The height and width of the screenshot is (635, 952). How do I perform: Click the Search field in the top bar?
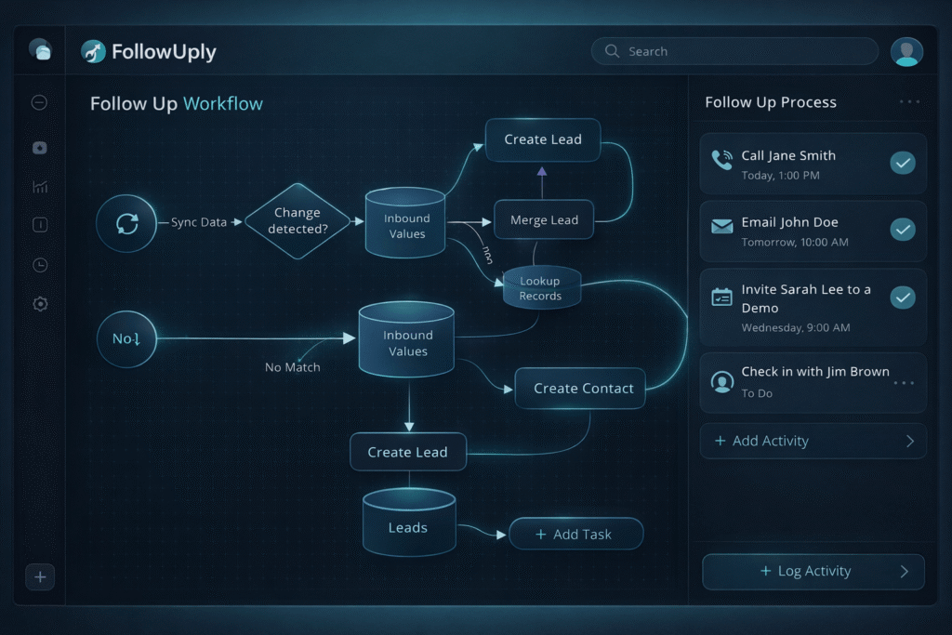click(x=734, y=51)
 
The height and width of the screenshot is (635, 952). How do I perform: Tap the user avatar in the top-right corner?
click(x=906, y=51)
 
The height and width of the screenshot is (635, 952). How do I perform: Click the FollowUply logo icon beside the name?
click(x=93, y=51)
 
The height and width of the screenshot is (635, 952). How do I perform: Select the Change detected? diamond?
click(x=297, y=220)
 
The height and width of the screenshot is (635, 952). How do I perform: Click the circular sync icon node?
click(x=126, y=223)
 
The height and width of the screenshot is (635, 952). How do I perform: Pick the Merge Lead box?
click(x=544, y=220)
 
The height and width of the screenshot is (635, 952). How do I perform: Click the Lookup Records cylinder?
click(x=541, y=288)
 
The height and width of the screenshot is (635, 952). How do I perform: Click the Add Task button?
click(x=575, y=535)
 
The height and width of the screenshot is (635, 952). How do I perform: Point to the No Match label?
click(x=292, y=367)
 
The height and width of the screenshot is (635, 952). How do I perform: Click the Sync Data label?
click(x=199, y=222)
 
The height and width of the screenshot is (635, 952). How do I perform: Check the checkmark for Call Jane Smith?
click(x=903, y=164)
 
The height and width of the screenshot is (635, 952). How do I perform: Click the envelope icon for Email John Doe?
click(x=722, y=226)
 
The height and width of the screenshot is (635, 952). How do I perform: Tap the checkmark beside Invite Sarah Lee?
click(x=903, y=298)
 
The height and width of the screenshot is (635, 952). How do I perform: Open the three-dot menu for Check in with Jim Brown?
click(x=904, y=382)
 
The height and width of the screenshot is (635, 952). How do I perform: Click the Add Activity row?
click(x=813, y=442)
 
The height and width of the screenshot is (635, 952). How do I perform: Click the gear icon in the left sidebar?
click(x=40, y=304)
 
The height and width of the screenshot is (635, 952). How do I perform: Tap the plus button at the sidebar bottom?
click(x=40, y=577)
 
